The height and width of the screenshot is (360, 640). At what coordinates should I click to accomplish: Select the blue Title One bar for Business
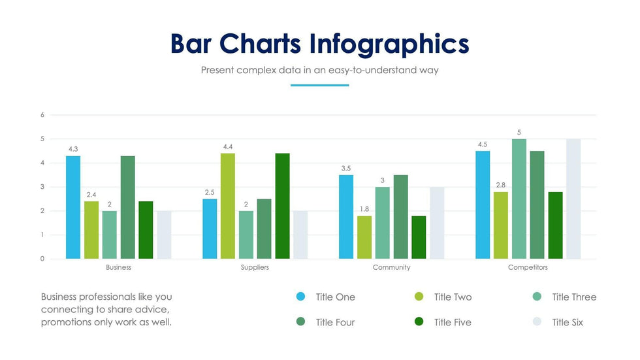pyautogui.click(x=73, y=207)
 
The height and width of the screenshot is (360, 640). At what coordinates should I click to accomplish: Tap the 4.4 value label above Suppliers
pyautogui.click(x=228, y=147)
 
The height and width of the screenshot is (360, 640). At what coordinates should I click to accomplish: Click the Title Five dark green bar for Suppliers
pyautogui.click(x=282, y=206)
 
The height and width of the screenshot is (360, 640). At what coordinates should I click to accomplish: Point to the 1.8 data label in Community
pyautogui.click(x=364, y=209)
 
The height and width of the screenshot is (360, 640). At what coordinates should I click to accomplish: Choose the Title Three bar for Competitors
pyautogui.click(x=519, y=199)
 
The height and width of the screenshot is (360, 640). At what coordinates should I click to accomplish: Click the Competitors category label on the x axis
pyautogui.click(x=528, y=268)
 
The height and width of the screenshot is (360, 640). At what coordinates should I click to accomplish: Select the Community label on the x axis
pyautogui.click(x=391, y=268)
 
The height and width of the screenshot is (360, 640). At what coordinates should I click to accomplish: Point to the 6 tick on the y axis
pyautogui.click(x=42, y=115)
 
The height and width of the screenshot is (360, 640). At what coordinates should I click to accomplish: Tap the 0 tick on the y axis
pyautogui.click(x=42, y=259)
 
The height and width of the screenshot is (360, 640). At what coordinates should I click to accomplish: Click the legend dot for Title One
pyautogui.click(x=300, y=297)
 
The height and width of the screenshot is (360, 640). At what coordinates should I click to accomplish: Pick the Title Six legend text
pyautogui.click(x=568, y=322)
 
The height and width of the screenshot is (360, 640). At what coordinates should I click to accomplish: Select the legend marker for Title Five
pyautogui.click(x=419, y=321)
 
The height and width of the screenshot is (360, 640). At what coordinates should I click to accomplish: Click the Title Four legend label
pyautogui.click(x=335, y=322)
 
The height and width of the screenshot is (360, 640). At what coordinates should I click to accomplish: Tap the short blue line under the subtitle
pyautogui.click(x=319, y=85)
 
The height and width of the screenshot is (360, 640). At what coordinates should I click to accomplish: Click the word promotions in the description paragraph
pyautogui.click(x=67, y=322)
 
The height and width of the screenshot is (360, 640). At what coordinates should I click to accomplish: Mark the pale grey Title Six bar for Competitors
pyautogui.click(x=573, y=199)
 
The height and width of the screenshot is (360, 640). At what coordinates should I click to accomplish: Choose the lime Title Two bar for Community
pyautogui.click(x=364, y=237)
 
